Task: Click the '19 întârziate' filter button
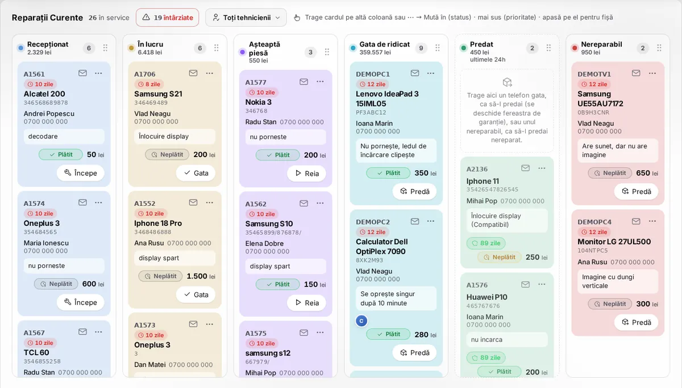click(168, 18)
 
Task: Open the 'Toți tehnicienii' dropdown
click(246, 18)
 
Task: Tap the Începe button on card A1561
click(81, 173)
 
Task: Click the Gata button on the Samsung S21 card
click(196, 173)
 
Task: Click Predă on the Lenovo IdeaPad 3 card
click(414, 191)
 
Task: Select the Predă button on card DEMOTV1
click(636, 191)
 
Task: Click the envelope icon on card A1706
click(193, 73)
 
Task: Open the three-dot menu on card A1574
click(98, 203)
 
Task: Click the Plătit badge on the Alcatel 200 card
click(61, 154)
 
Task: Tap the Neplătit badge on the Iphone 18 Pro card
click(160, 276)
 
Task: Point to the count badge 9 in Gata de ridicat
click(421, 48)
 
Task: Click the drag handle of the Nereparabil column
click(659, 48)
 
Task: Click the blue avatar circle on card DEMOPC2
click(361, 321)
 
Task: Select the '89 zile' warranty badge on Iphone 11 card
click(486, 243)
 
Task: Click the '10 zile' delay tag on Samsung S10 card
click(262, 214)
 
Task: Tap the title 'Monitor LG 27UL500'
click(614, 242)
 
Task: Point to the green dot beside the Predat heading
click(463, 48)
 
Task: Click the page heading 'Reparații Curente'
click(47, 18)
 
